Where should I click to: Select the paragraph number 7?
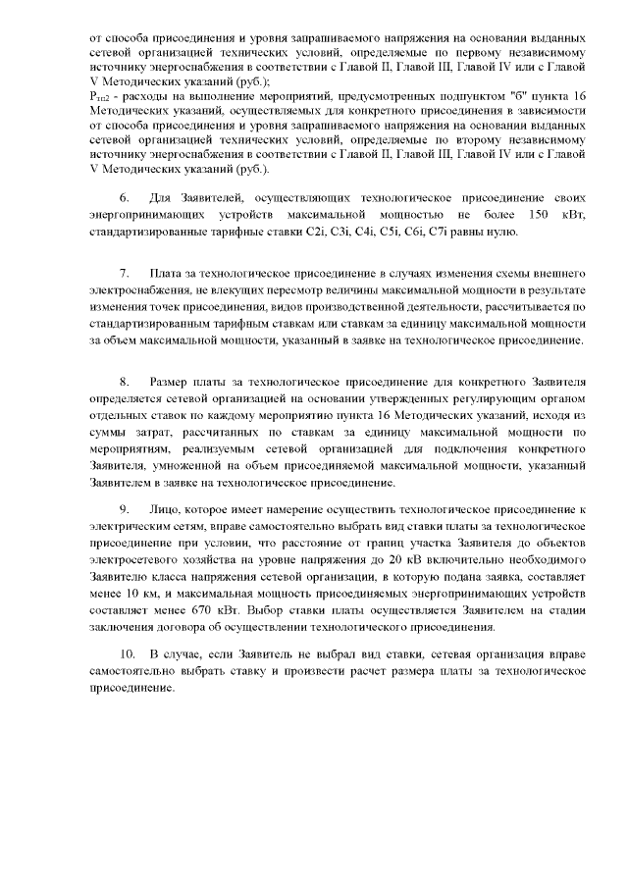[x=125, y=271]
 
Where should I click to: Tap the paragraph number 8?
[x=125, y=381]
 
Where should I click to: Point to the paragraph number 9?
[x=125, y=511]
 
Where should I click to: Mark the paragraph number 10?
[x=128, y=653]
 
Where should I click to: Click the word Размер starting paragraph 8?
[x=174, y=381]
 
